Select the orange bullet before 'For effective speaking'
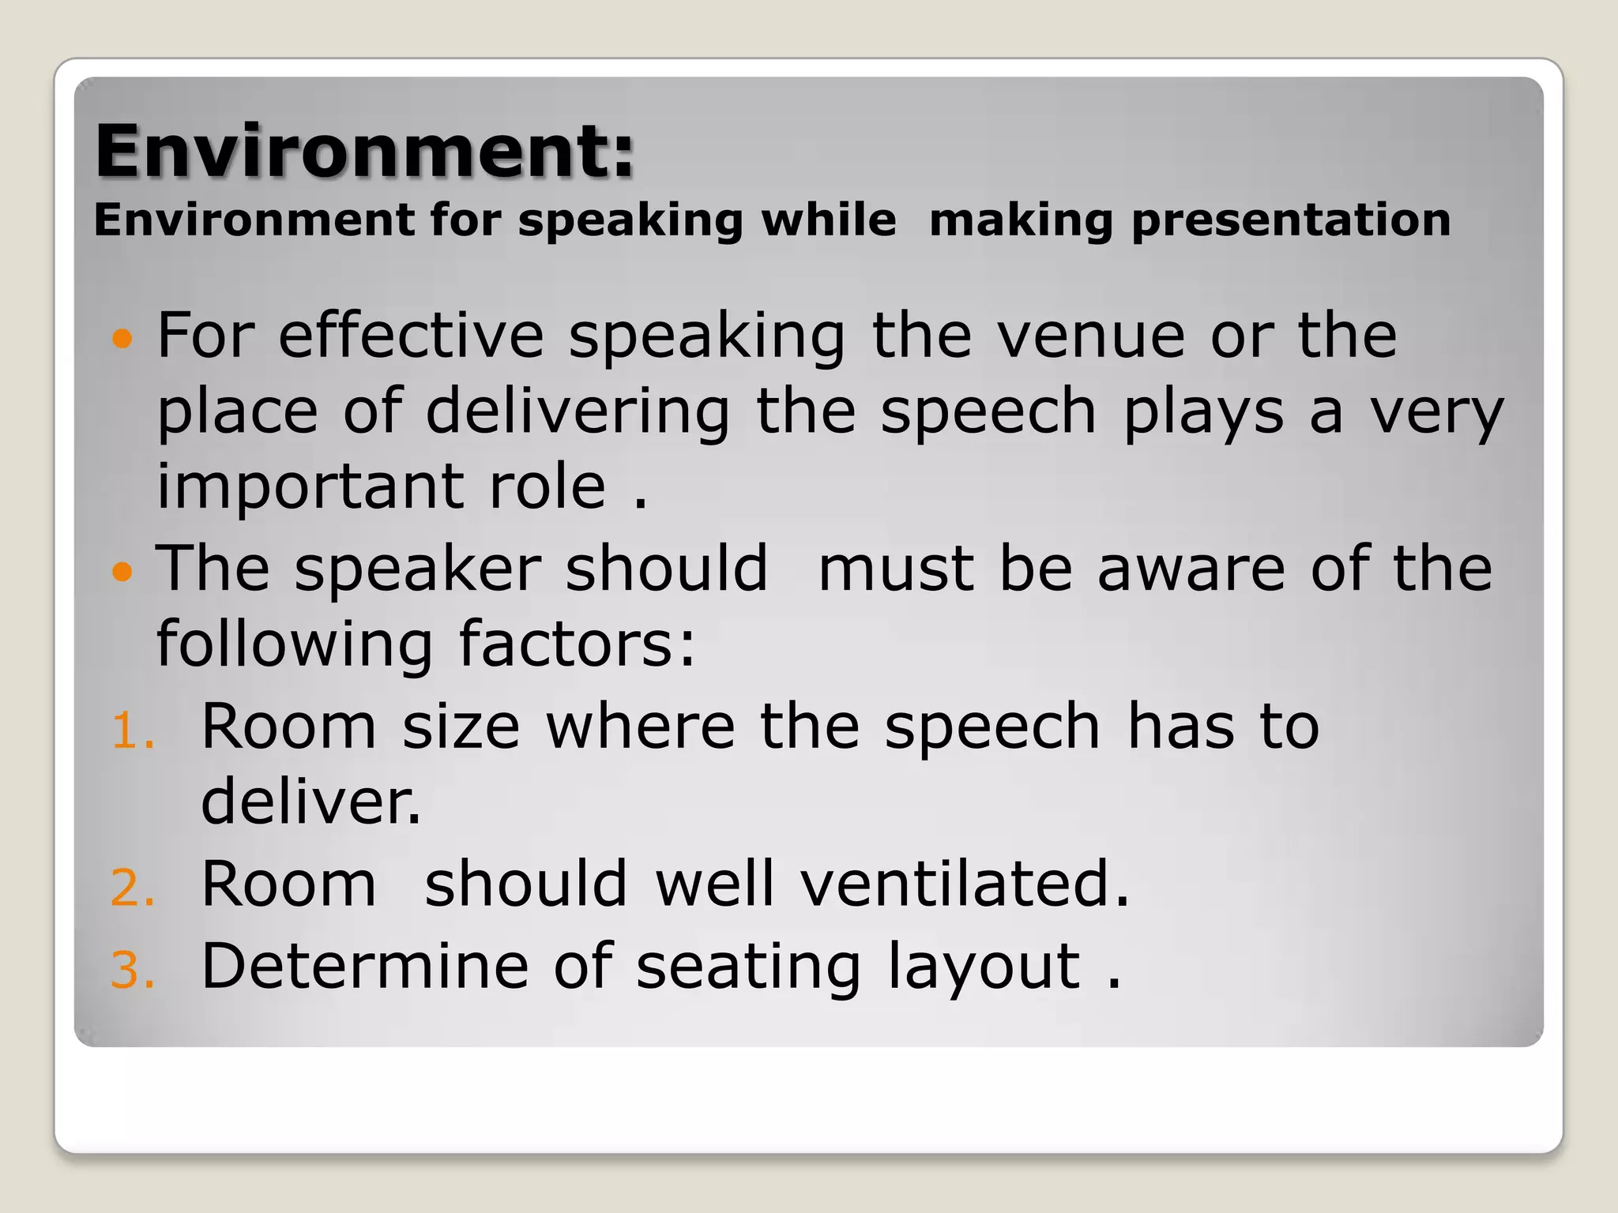122,339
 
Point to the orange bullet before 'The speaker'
122,571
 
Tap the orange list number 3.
132,970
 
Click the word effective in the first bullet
411,336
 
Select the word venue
1091,336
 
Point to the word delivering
578,412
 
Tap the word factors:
577,644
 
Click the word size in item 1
461,726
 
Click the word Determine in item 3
365,965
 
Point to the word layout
984,967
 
